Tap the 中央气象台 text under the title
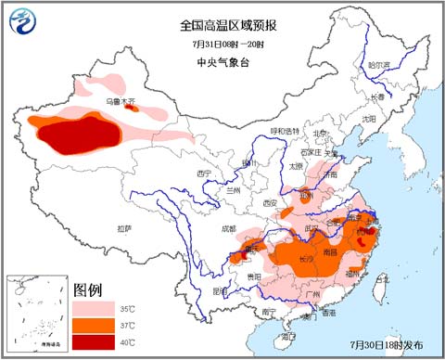click(222, 61)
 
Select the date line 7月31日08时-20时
click(222, 45)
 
